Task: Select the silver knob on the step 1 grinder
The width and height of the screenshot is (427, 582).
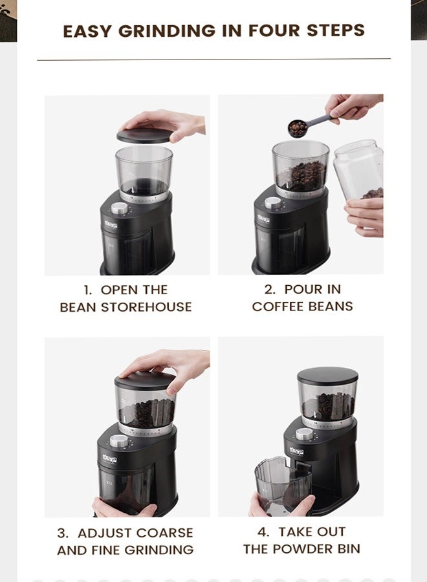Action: pos(119,208)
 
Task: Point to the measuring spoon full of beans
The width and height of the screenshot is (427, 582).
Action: pos(298,127)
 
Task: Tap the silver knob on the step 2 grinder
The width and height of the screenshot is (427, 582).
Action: pos(272,202)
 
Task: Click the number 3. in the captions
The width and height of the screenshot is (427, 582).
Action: pos(63,533)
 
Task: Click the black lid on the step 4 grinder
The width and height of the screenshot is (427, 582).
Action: pos(327,374)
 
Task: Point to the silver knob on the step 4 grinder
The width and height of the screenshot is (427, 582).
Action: pos(304,434)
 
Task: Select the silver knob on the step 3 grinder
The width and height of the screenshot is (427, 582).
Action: pos(118,440)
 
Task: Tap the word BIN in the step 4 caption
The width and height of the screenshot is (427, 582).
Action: pos(347,549)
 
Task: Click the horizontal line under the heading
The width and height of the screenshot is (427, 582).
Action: pos(213,59)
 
